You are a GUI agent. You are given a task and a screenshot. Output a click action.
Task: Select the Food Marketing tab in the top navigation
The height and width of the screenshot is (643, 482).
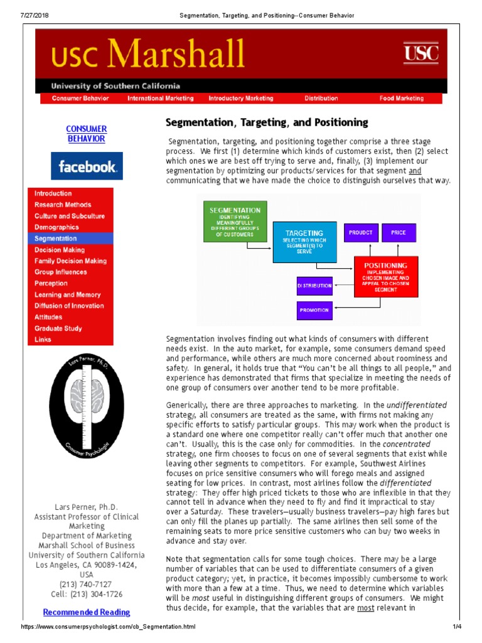click(x=401, y=99)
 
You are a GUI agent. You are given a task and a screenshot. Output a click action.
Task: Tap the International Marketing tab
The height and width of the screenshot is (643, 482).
click(x=161, y=99)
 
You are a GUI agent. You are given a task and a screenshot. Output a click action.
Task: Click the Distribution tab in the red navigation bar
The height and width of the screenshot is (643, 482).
click(x=321, y=99)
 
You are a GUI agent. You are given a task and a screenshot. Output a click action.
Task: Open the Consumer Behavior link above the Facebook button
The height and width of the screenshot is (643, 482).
click(x=87, y=134)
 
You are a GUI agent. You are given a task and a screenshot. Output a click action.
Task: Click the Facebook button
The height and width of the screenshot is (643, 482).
click(x=87, y=166)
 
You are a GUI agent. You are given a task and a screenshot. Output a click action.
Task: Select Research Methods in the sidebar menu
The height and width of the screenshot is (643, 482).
click(x=63, y=205)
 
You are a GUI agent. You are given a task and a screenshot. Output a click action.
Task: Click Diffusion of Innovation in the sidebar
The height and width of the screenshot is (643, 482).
click(x=69, y=306)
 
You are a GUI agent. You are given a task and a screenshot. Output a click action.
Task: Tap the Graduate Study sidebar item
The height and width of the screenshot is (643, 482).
click(x=58, y=328)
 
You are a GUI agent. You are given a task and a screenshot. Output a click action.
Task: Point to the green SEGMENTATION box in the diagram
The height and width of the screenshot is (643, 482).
click(x=235, y=222)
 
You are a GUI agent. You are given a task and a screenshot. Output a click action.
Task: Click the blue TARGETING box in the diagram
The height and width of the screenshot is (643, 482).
click(x=304, y=242)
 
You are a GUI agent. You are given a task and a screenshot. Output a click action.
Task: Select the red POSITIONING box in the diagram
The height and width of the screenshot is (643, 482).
click(x=385, y=277)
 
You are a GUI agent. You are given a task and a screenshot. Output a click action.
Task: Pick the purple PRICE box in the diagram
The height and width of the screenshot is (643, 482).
click(x=399, y=232)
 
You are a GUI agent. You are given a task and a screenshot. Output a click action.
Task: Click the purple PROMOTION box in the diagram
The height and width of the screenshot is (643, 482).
click(x=314, y=310)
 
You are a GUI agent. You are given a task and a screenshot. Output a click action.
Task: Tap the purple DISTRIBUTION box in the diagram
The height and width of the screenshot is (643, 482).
click(x=314, y=286)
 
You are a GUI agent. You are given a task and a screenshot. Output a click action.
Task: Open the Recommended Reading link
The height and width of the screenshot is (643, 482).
click(x=87, y=612)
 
